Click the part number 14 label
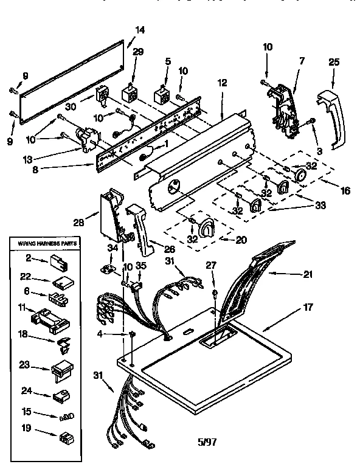point(140,29)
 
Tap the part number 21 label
point(308,274)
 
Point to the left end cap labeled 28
point(110,215)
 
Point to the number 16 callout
point(345,190)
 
